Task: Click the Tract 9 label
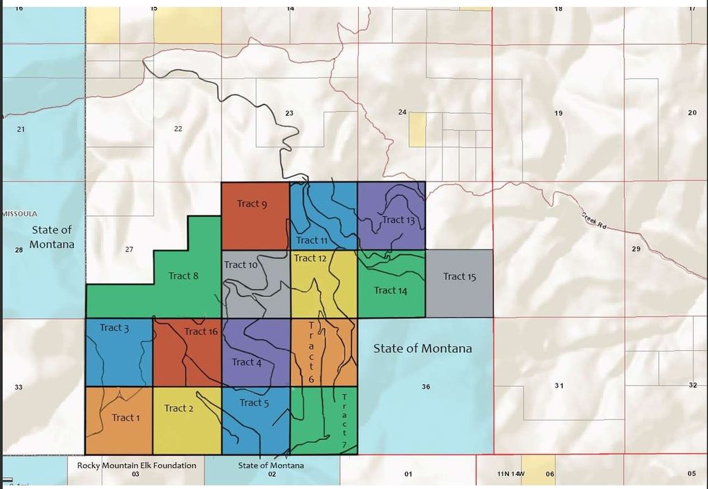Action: click(x=252, y=204)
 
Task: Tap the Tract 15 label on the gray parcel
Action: click(x=459, y=276)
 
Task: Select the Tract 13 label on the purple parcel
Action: click(x=398, y=220)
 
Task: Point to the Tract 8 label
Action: click(x=183, y=276)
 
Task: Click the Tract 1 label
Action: click(x=126, y=417)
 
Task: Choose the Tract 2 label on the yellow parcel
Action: click(x=178, y=408)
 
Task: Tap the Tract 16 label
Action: click(x=201, y=332)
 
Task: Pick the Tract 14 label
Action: click(x=390, y=290)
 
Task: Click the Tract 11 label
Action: click(x=312, y=240)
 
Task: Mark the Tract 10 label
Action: click(x=241, y=265)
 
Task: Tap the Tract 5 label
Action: click(x=254, y=403)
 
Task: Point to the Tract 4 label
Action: click(x=246, y=362)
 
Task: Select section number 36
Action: click(x=426, y=387)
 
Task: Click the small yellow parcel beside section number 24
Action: click(x=417, y=130)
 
